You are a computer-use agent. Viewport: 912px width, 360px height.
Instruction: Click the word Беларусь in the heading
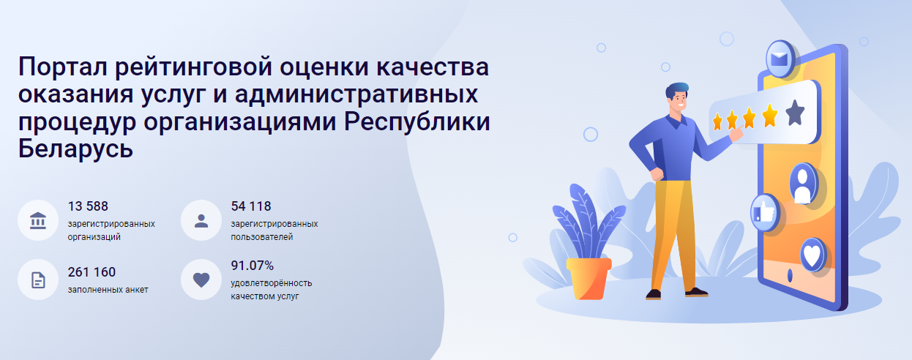pos(75,149)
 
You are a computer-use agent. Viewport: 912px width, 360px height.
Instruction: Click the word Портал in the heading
pos(63,67)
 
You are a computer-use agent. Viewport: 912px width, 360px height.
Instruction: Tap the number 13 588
pos(88,206)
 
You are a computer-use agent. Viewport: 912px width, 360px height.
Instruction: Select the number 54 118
pos(251,206)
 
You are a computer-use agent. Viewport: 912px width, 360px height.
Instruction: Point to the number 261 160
pos(91,272)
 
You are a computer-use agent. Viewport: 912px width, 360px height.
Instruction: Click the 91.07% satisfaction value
pos(252,266)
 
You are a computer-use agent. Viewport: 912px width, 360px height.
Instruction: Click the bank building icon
pos(38,220)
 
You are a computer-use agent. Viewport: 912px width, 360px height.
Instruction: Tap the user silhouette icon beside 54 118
pos(201,221)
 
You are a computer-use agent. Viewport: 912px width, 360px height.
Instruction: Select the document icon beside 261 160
pos(38,280)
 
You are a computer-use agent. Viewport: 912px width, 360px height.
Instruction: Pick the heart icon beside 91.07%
pos(201,280)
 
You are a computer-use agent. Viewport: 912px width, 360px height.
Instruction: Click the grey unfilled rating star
pos(795,113)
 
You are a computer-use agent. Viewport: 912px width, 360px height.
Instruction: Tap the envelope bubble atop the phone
pos(780,59)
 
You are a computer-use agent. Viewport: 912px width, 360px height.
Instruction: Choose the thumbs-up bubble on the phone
pos(765,213)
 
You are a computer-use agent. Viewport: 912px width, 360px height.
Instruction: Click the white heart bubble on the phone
pos(812,255)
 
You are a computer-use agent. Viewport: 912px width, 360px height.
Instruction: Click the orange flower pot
pos(589,279)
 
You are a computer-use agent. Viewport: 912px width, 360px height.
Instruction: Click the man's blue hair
pos(677,89)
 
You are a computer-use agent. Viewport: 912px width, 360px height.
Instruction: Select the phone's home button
pos(790,276)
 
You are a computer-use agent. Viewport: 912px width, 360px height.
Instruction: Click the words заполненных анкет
pos(108,290)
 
